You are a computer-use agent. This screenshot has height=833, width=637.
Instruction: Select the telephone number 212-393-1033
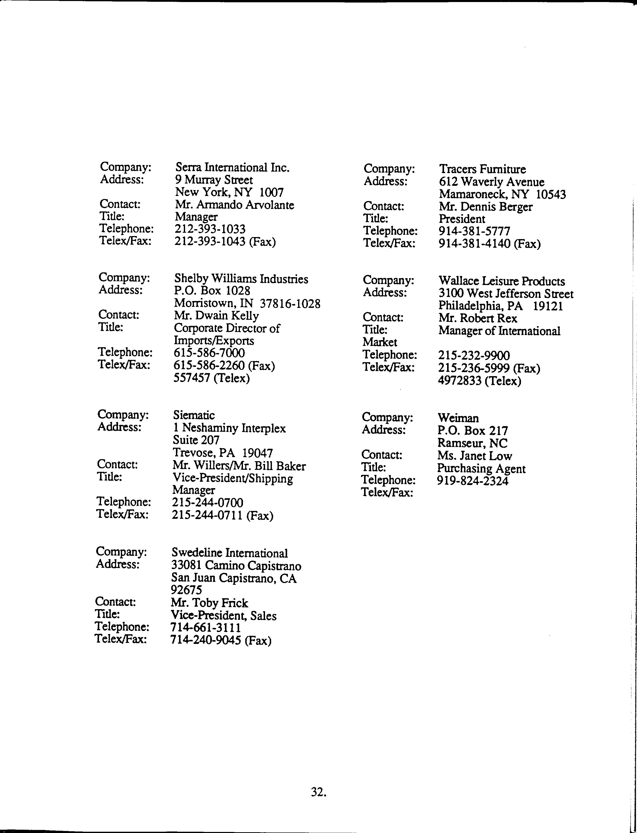(210, 229)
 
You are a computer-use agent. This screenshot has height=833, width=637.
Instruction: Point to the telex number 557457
(191, 378)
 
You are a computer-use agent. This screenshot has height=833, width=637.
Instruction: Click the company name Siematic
(193, 415)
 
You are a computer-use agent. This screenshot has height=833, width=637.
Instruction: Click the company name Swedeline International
(230, 553)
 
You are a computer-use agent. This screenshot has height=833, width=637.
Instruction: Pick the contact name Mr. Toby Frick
(209, 603)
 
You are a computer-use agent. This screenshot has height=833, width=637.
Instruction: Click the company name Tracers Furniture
(482, 169)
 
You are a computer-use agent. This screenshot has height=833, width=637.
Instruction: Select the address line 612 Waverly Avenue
(492, 182)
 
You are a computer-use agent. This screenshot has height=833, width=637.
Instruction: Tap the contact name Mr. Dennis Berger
(485, 207)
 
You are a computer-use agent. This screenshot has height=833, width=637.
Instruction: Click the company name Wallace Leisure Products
(501, 281)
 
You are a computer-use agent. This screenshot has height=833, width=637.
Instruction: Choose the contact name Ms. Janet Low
(474, 456)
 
